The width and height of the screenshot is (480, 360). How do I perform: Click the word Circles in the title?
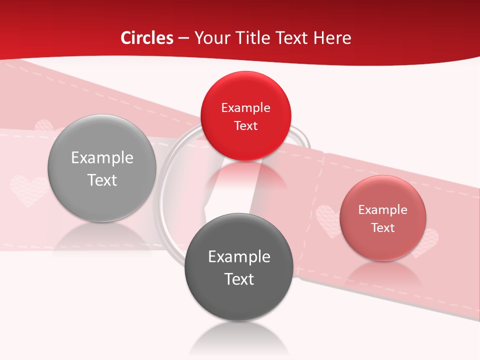(147, 38)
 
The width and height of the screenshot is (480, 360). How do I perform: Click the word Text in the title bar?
(293, 38)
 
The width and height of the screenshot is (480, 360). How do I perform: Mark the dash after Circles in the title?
(184, 38)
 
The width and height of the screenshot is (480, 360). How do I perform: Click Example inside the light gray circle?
(102, 158)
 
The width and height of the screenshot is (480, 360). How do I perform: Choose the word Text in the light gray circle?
(102, 180)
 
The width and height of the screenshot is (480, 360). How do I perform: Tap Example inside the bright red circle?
(245, 108)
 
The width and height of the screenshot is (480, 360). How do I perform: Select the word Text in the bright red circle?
(245, 126)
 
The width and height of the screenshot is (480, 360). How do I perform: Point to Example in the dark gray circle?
(238, 257)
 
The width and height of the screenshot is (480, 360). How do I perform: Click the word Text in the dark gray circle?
(238, 279)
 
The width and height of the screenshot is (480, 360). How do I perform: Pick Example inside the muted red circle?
(382, 210)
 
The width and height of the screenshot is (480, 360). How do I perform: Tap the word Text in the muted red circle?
(382, 228)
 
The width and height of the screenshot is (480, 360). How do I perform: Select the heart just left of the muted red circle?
(327, 220)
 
